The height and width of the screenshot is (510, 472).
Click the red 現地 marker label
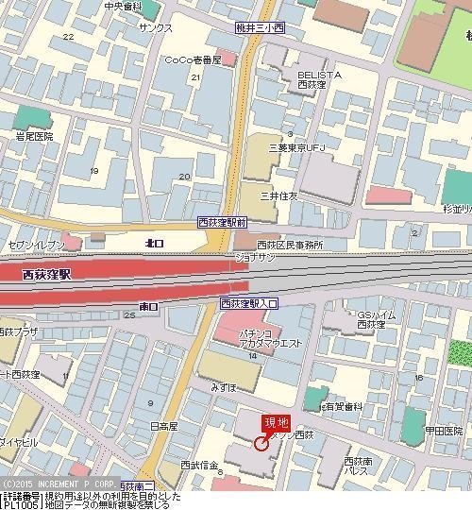[277, 422]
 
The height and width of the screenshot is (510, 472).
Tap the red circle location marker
[261, 442]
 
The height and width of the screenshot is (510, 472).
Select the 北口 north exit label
[155, 243]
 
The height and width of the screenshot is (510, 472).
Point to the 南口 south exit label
[148, 306]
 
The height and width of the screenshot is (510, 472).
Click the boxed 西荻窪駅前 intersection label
[223, 223]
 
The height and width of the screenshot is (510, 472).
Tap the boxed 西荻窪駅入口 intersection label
[249, 303]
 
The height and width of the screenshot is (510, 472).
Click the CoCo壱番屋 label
[193, 59]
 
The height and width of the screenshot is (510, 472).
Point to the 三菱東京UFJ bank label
[297, 147]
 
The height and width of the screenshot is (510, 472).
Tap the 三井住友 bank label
[279, 195]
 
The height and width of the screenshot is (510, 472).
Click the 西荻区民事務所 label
[290, 244]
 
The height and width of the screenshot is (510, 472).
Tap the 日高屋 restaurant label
[163, 426]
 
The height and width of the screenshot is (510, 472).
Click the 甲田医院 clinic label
[443, 430]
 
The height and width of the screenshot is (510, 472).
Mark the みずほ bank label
[224, 387]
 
